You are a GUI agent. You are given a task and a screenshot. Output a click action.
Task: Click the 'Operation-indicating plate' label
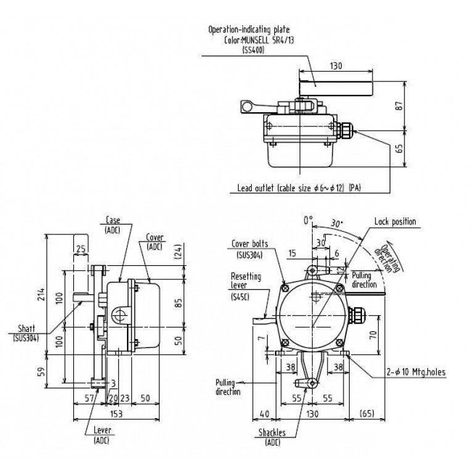click(x=249, y=28)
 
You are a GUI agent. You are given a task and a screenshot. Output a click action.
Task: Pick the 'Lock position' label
click(x=395, y=221)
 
